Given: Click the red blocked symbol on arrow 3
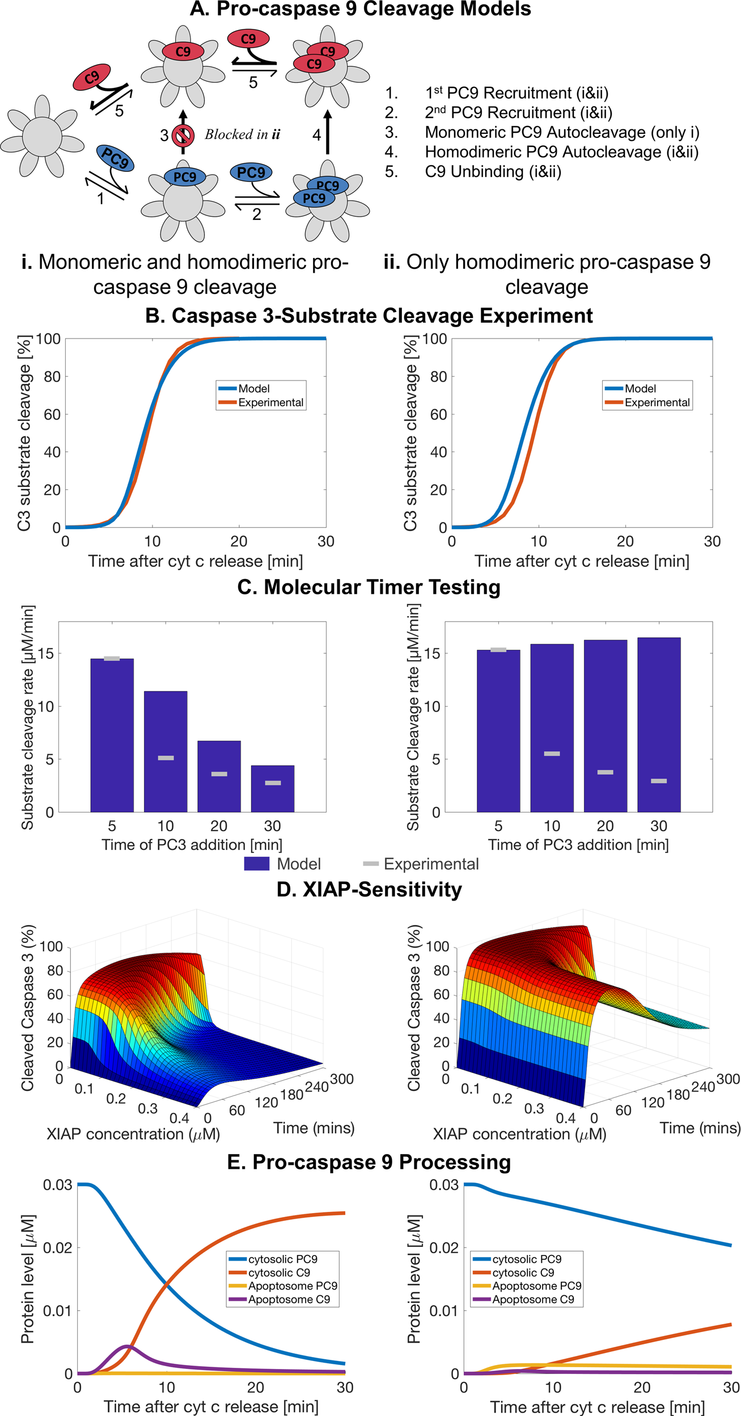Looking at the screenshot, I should click(x=183, y=135).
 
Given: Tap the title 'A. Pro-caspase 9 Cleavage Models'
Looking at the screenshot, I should click(x=360, y=9).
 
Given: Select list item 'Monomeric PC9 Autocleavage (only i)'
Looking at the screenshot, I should click(x=562, y=132).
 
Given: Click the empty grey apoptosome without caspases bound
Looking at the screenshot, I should click(x=42, y=136).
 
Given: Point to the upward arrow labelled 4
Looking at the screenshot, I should click(x=327, y=132).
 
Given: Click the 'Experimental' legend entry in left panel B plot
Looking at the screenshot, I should click(x=270, y=402).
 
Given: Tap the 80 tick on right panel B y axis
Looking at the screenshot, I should click(x=438, y=377).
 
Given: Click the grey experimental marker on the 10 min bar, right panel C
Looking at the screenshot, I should click(x=552, y=754).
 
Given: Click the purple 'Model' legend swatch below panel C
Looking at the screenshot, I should click(x=256, y=864).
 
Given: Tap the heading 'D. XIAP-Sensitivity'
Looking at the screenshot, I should click(x=369, y=889).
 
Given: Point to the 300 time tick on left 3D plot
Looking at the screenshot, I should click(x=342, y=1079).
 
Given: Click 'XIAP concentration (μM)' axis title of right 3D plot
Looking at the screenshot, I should click(x=519, y=1134).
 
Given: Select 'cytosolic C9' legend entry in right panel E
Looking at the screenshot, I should click(x=523, y=1273).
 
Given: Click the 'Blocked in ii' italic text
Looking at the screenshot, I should click(x=242, y=134).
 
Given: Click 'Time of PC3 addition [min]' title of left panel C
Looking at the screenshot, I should click(x=192, y=845).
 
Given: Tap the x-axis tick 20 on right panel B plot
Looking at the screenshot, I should click(x=625, y=542).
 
